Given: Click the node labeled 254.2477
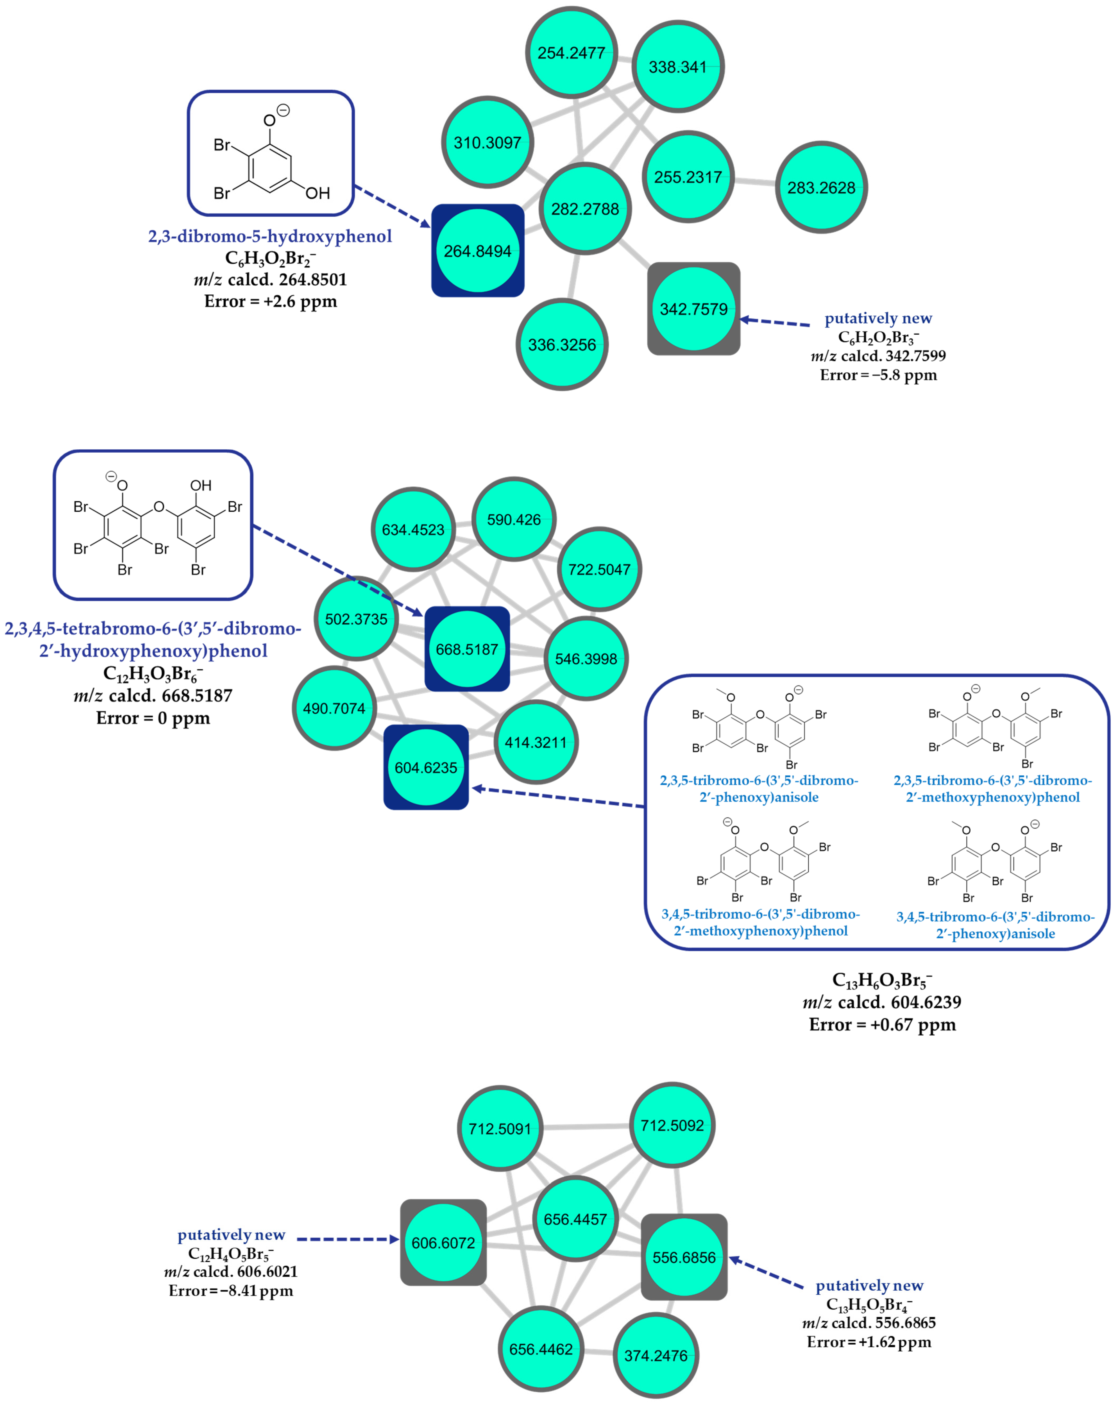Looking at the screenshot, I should click(571, 53).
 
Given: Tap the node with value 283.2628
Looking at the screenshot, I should click(821, 188).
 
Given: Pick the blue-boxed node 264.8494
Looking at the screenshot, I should click(478, 251).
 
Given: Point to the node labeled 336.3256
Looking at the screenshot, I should click(562, 344).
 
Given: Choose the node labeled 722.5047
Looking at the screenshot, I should click(599, 569).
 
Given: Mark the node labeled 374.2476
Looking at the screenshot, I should click(656, 1355).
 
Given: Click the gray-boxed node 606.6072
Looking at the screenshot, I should click(443, 1242).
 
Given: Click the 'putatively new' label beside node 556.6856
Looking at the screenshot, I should click(869, 1285).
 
